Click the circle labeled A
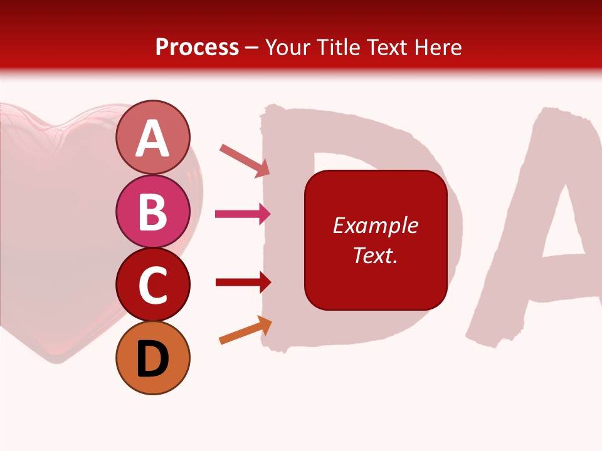152,137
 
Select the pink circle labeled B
152,211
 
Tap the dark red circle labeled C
152,284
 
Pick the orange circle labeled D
152,358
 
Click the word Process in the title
197,47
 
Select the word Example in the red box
375,225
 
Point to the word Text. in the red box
375,255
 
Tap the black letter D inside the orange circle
152,359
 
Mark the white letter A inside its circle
152,138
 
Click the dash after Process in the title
251,48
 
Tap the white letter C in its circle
152,286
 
